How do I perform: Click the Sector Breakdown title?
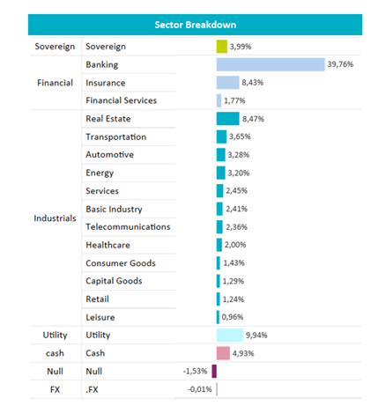pyautogui.click(x=196, y=25)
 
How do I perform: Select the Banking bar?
pyautogui.click(x=271, y=64)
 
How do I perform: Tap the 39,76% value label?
pyautogui.click(x=340, y=64)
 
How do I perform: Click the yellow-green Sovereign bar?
pyautogui.click(x=222, y=47)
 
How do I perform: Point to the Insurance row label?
pyautogui.click(x=106, y=83)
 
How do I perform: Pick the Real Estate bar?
pyautogui.click(x=228, y=119)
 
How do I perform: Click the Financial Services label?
pyautogui.click(x=122, y=100)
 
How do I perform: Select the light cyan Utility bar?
pyautogui.click(x=230, y=335)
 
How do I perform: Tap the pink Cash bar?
pyautogui.click(x=223, y=353)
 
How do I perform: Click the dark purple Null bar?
pyautogui.click(x=214, y=371)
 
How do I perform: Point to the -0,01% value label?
pyautogui.click(x=200, y=389)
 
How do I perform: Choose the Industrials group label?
pyautogui.click(x=55, y=218)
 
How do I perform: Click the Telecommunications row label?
pyautogui.click(x=128, y=226)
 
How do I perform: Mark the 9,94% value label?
pyautogui.click(x=256, y=335)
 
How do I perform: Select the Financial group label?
pyautogui.click(x=55, y=83)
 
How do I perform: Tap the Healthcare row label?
pyautogui.click(x=108, y=245)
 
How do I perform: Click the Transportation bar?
pyautogui.click(x=221, y=137)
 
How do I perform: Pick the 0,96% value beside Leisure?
pyautogui.click(x=233, y=317)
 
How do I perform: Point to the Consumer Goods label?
pyautogui.click(x=121, y=263)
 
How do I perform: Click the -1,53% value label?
pyautogui.click(x=195, y=371)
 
